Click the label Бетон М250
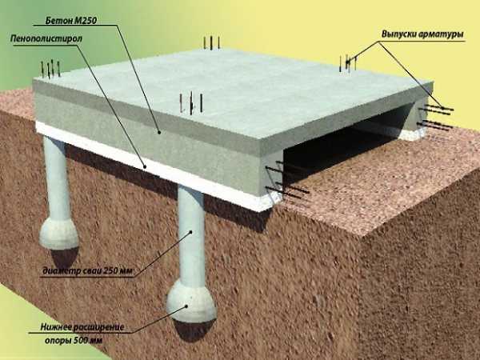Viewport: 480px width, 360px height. [71, 21]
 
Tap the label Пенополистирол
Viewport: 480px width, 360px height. [46, 39]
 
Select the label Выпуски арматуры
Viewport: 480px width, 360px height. [422, 34]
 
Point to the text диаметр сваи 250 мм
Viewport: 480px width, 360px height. [87, 271]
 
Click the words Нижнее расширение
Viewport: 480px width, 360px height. [82, 327]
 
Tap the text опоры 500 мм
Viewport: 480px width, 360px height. [74, 341]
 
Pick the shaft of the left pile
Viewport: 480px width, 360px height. [58, 179]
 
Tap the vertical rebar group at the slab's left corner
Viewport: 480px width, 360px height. [50, 69]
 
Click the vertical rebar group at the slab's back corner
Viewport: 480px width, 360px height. [211, 42]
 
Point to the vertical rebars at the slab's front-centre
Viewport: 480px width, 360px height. [191, 103]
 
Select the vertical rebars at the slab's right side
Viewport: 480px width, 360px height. [348, 63]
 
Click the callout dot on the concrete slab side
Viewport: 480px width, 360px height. [159, 132]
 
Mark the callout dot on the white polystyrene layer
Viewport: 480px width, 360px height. [145, 167]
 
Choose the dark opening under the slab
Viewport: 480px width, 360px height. [343, 138]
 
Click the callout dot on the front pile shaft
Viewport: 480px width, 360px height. [191, 232]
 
